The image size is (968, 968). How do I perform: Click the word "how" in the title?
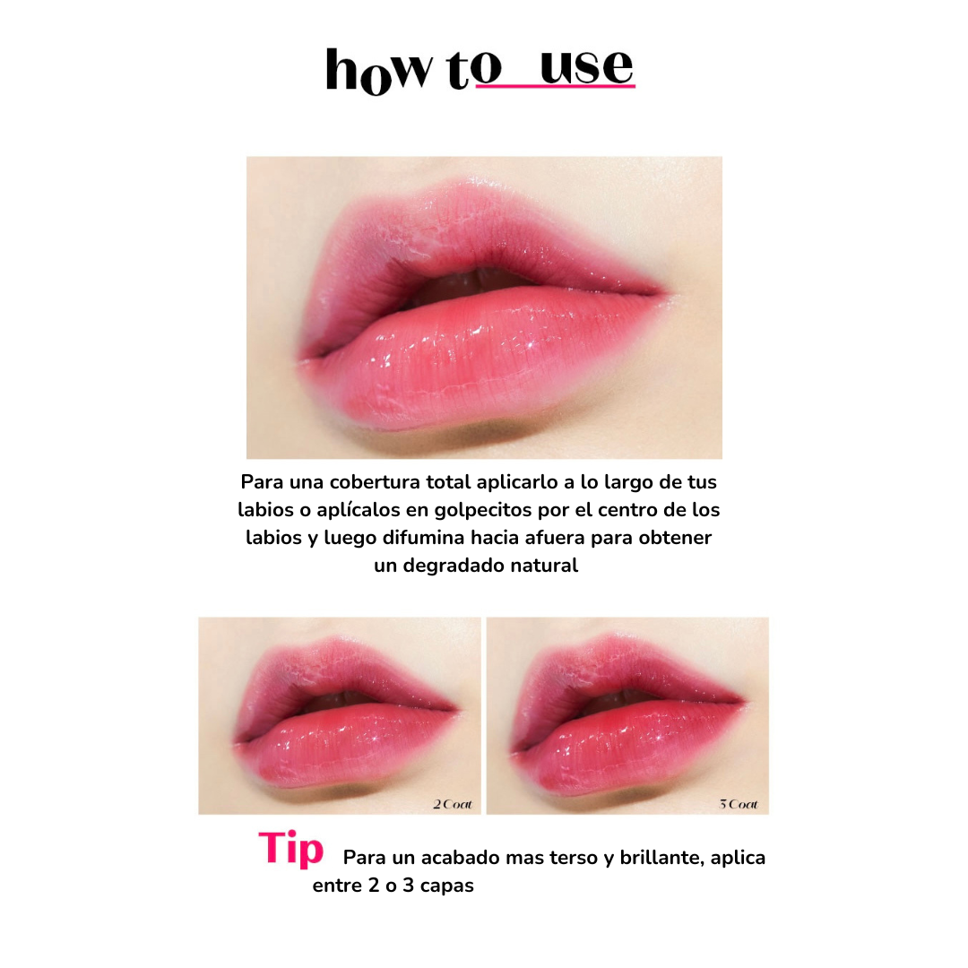(x=378, y=71)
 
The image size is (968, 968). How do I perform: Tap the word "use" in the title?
(x=587, y=66)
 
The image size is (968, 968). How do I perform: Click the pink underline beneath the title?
(x=556, y=86)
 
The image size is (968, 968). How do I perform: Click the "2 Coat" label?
(x=453, y=804)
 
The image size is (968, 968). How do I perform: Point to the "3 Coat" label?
(x=739, y=804)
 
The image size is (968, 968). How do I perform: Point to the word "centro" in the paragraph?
(x=627, y=510)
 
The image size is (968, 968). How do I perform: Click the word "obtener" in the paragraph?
(x=675, y=537)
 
